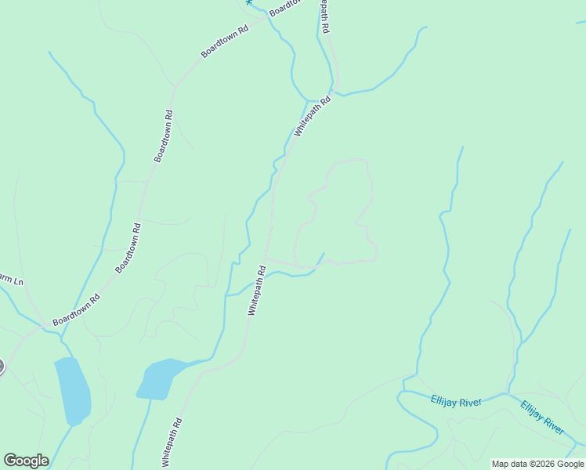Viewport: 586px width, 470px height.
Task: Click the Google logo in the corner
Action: [x=26, y=461]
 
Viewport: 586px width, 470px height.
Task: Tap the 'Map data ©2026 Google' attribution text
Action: [x=537, y=464]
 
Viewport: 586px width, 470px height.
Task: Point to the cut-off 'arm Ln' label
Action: [x=11, y=280]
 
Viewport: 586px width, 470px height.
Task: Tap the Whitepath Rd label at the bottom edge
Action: [x=172, y=443]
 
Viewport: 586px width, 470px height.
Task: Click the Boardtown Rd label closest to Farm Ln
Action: [x=76, y=310]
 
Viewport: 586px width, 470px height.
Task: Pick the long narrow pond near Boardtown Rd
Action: [x=72, y=390]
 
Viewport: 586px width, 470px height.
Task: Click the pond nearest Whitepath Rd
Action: [x=160, y=378]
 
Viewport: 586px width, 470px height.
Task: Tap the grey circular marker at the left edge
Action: [x=1, y=366]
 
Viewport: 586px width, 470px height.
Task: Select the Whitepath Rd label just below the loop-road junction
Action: [x=257, y=291]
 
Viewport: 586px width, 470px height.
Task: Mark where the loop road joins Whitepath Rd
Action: [x=266, y=258]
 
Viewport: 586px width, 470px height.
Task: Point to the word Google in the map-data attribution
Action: [x=570, y=464]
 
